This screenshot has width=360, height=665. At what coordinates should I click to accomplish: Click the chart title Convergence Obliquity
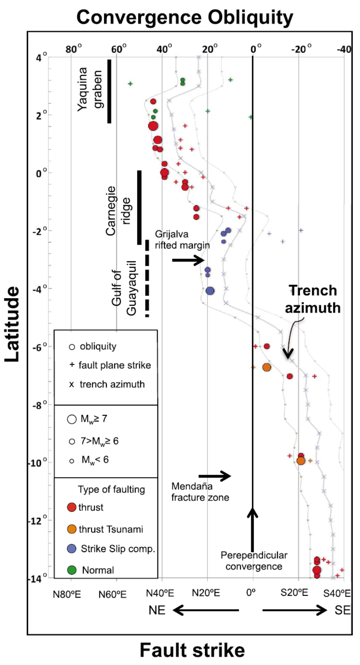pyautogui.click(x=185, y=17)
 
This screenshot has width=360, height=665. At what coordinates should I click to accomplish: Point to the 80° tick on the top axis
pyautogui.click(x=73, y=49)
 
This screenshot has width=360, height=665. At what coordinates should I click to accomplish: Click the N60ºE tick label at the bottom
pyautogui.click(x=112, y=594)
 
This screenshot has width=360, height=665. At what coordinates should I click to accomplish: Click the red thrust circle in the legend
pyautogui.click(x=71, y=507)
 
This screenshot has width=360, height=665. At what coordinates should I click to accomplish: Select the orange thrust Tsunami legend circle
pyautogui.click(x=71, y=529)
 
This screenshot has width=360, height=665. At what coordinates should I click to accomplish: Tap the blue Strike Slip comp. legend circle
pyautogui.click(x=71, y=549)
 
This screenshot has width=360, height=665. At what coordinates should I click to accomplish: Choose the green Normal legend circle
pyautogui.click(x=71, y=570)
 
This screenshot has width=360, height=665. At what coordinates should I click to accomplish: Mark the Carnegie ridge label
pyautogui.click(x=118, y=211)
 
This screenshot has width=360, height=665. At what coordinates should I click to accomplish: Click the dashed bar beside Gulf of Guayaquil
pyautogui.click(x=147, y=278)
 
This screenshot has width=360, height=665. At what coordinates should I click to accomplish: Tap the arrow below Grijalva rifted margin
pyautogui.click(x=188, y=260)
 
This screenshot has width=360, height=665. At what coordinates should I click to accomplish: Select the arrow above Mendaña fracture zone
pyautogui.click(x=214, y=476)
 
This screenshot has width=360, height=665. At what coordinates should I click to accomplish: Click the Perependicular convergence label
pyautogui.click(x=254, y=561)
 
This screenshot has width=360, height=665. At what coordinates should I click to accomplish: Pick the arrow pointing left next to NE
pyautogui.click(x=206, y=610)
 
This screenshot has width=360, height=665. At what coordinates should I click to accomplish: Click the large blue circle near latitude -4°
pyautogui.click(x=210, y=291)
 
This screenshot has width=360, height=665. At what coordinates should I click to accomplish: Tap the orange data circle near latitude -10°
pyautogui.click(x=301, y=461)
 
